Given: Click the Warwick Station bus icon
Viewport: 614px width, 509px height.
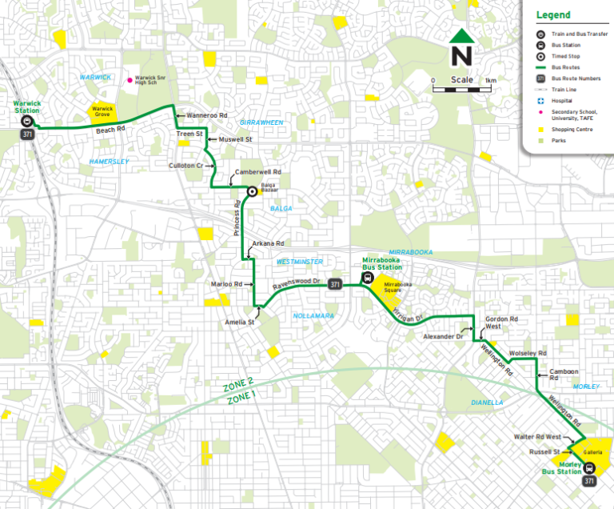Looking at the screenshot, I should pos(26,122).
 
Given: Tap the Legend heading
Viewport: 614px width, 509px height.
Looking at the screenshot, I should pos(552,15).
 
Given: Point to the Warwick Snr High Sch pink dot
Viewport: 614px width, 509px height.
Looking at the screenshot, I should pos(130,80).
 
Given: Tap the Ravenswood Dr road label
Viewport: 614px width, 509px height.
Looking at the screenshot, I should pos(297,283).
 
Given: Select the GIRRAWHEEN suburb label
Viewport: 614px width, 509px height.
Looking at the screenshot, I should pos(261,122).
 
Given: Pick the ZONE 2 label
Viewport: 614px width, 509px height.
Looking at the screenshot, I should pos(240,384).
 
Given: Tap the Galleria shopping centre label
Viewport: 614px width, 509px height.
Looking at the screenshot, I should pos(592,452).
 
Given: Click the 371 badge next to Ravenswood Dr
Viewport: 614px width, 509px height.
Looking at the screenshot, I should pos(337,284).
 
